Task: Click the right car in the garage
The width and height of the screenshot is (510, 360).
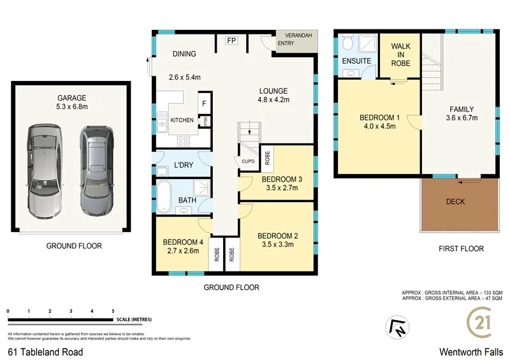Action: pyautogui.click(x=96, y=170)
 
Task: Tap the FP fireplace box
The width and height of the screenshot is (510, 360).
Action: pyautogui.click(x=231, y=40)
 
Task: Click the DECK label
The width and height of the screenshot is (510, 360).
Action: pyautogui.click(x=455, y=202)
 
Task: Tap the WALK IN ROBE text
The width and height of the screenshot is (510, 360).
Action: pyautogui.click(x=400, y=55)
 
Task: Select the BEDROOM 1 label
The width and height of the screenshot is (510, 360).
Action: pyautogui.click(x=380, y=118)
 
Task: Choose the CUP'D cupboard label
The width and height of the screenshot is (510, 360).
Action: pyautogui.click(x=248, y=161)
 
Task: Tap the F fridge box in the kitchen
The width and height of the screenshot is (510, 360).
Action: pyautogui.click(x=205, y=103)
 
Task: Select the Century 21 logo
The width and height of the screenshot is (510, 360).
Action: pyautogui.click(x=483, y=322)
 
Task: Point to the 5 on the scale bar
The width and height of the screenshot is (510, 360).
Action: pyautogui.click(x=113, y=311)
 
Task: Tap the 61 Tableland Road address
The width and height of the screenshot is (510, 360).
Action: pyautogui.click(x=45, y=352)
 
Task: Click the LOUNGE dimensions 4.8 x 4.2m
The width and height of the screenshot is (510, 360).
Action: pyautogui.click(x=273, y=100)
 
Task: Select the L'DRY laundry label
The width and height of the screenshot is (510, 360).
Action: pyautogui.click(x=184, y=166)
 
